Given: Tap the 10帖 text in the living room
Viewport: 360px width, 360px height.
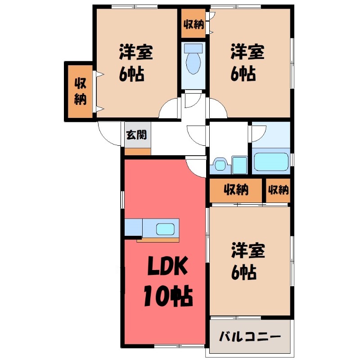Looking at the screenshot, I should tap(168, 297).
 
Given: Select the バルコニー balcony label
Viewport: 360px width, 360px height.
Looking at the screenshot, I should tap(250, 337).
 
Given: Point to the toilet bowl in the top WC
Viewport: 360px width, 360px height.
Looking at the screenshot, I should tap(193, 63).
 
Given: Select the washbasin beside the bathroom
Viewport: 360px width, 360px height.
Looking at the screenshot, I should tap(220, 165).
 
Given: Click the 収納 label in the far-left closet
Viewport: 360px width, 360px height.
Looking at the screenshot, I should tap(80, 91).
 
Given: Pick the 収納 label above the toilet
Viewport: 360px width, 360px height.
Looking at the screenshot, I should tap(193, 23).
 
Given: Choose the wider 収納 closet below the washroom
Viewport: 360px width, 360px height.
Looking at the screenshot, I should tap(235, 190).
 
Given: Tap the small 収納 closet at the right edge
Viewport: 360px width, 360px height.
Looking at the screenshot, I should tap(278, 190).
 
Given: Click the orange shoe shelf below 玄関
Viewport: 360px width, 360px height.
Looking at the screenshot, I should tap(137, 152).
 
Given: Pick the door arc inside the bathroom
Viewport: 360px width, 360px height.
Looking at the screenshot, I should tap(258, 131).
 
